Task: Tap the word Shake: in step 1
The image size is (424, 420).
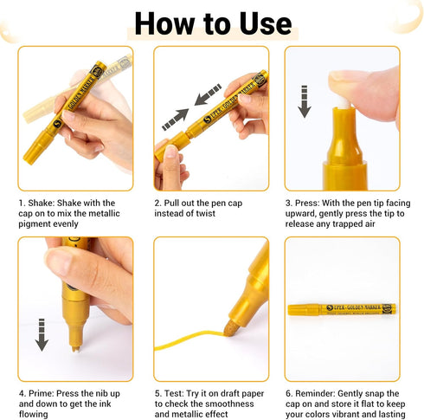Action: tap(42, 203)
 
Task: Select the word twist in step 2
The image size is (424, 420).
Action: tap(205, 213)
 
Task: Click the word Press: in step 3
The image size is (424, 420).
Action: tap(307, 203)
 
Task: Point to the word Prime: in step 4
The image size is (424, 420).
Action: tap(42, 393)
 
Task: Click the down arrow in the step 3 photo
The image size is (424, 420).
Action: tap(305, 101)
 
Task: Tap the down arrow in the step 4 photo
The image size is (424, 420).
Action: tap(42, 335)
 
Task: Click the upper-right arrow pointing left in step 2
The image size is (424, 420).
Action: tap(208, 94)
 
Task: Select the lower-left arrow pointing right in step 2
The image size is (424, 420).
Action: tap(176, 120)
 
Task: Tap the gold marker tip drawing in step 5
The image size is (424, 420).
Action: tap(232, 328)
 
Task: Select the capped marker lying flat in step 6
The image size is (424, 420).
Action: tap(342, 310)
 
